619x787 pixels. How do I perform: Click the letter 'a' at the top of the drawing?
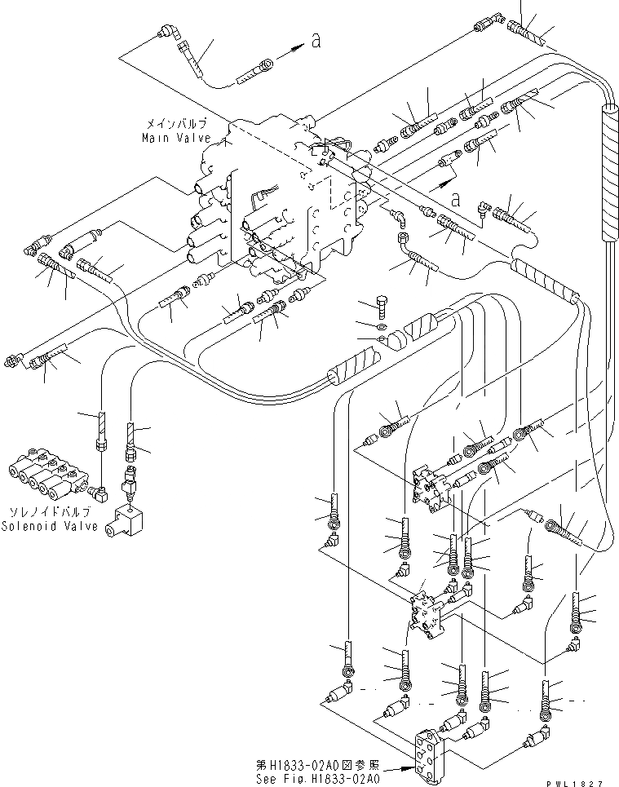(x=314, y=43)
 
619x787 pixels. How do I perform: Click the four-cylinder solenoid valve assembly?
(x=46, y=475)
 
